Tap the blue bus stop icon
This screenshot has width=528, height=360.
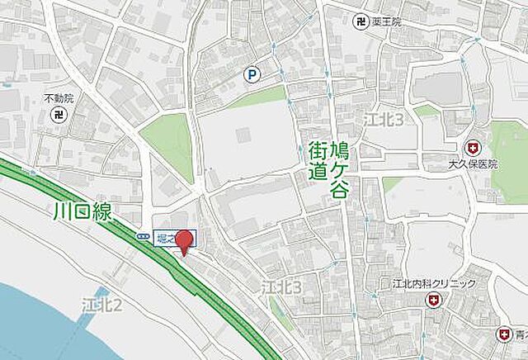(x=144, y=236)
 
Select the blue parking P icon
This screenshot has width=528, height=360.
(x=252, y=75)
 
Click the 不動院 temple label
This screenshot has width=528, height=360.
(x=59, y=98)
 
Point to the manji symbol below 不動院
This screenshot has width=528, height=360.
(x=59, y=114)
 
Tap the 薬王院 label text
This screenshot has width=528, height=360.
(x=385, y=21)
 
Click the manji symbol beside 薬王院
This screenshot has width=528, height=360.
(x=360, y=21)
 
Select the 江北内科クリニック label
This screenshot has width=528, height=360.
(x=428, y=284)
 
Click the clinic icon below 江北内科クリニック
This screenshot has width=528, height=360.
(x=432, y=302)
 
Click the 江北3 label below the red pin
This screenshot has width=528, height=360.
(x=282, y=287)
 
